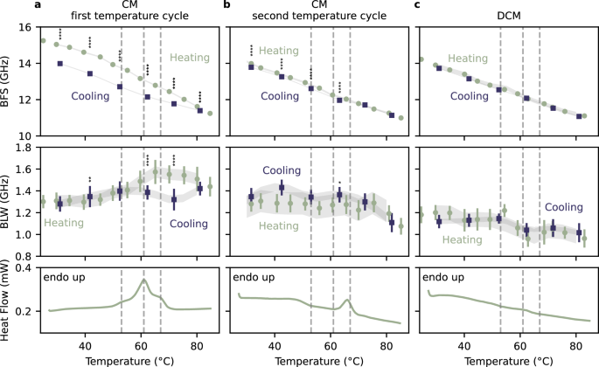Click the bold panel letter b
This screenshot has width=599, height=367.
tap(227, 6)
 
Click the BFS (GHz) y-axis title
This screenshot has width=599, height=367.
tap(8, 81)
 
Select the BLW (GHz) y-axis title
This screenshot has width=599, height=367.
tap(8, 200)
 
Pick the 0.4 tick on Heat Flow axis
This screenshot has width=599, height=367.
tap(25, 267)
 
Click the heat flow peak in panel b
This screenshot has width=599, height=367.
tap(347, 301)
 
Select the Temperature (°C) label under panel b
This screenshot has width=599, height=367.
tap(316, 360)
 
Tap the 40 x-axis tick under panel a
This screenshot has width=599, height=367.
tap(85, 343)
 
